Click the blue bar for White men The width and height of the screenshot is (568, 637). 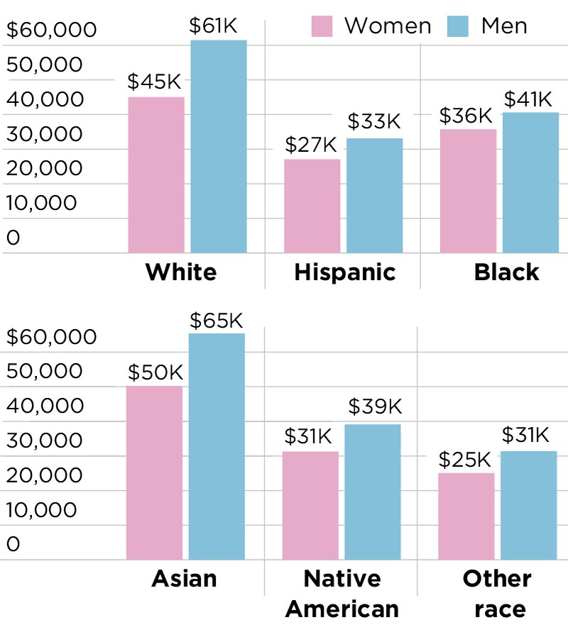[x=219, y=146]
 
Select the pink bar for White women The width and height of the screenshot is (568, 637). [x=156, y=175]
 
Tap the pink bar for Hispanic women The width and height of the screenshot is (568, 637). [x=312, y=206]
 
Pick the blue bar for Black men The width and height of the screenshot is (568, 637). [x=530, y=183]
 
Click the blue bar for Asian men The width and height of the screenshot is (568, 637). [x=217, y=446]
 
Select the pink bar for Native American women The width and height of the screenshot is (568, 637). [x=311, y=505]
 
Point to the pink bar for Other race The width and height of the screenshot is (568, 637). [x=466, y=516]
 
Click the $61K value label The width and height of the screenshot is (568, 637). [x=213, y=26]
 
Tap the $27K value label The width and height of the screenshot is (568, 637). [x=311, y=145]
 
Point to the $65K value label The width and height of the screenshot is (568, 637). [x=217, y=321]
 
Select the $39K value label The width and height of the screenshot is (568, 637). [x=375, y=406]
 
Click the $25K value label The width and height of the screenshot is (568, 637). [x=465, y=460]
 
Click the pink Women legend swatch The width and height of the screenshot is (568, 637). [x=322, y=26]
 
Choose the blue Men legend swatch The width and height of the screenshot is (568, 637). [x=458, y=26]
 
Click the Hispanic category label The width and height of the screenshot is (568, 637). [x=345, y=272]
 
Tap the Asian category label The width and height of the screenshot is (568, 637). [x=184, y=579]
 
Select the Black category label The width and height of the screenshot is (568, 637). [x=507, y=272]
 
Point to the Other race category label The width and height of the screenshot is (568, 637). [x=497, y=594]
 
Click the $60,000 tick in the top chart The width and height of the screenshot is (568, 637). [x=52, y=30]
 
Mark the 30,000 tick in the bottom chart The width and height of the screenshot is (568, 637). [x=44, y=441]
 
